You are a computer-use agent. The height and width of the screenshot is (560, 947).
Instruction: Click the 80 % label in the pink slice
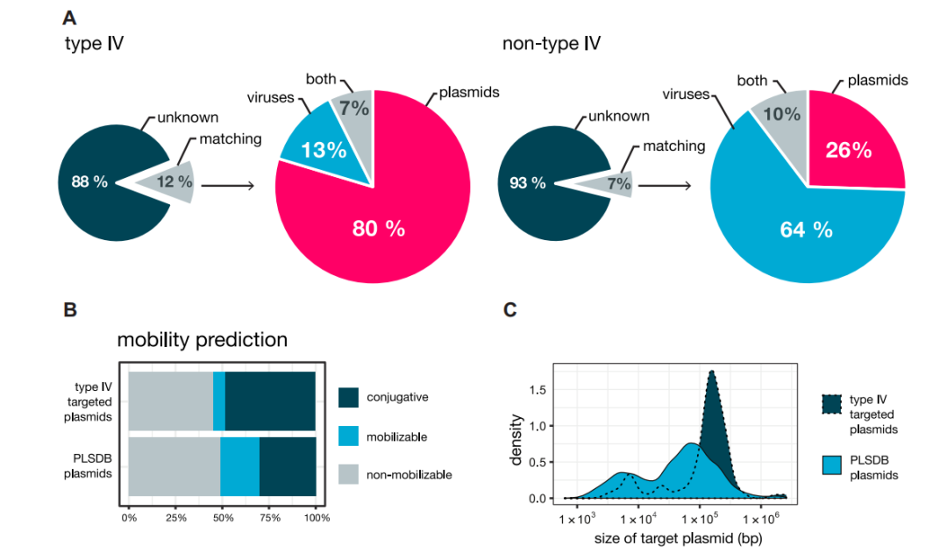click(379, 230)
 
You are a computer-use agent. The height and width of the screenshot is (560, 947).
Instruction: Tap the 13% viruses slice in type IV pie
click(317, 150)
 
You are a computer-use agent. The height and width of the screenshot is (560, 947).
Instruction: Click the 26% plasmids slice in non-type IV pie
click(848, 150)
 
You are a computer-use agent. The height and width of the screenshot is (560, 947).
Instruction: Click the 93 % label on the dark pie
click(528, 183)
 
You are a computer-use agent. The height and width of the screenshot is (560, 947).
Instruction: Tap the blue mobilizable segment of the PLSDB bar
click(239, 467)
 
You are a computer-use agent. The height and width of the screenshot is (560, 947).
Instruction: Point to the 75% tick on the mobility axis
click(270, 518)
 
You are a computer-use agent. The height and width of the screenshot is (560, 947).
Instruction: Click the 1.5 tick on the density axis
click(542, 388)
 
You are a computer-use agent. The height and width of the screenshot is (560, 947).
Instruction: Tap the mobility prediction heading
click(202, 339)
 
